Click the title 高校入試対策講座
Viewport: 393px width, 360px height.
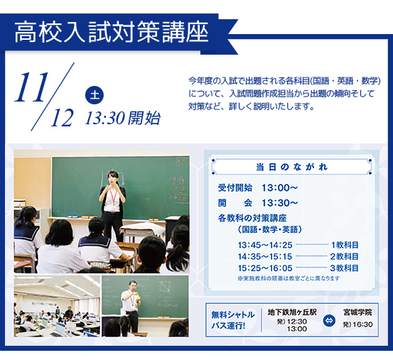112,33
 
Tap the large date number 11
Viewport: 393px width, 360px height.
32,87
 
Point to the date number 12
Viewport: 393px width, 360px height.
62,118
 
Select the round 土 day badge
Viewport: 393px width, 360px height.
95,95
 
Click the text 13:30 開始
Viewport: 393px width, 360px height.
123,118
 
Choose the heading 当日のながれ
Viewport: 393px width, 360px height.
292,167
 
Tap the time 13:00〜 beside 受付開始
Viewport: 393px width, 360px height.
280,187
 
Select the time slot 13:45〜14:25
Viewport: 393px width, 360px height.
265,245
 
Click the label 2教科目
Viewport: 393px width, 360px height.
344,256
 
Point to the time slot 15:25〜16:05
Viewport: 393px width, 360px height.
265,268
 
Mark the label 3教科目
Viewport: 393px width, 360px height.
344,268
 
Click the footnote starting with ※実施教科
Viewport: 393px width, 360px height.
289,278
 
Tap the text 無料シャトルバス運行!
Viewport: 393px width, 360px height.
233,320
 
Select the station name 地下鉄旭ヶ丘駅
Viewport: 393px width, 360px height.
292,312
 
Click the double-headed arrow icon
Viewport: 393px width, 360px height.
329,320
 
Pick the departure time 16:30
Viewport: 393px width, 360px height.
363,324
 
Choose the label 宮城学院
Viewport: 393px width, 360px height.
357,312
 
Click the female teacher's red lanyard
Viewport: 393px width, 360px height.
113,196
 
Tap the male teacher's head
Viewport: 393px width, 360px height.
133,285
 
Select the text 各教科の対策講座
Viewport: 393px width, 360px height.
252,218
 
